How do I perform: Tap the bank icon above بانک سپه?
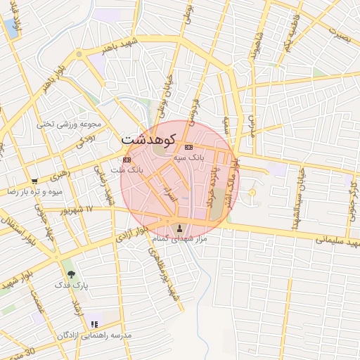click(188, 147)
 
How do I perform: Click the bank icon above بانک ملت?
click(127, 160)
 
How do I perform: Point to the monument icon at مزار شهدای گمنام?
click(180, 228)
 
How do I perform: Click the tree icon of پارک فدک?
click(70, 274)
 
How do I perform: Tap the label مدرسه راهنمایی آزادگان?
click(94, 335)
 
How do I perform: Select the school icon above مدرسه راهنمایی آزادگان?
click(94, 325)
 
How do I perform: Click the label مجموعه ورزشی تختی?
click(70, 124)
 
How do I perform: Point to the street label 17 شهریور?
click(75, 210)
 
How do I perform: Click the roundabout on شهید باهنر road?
click(79, 53)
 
